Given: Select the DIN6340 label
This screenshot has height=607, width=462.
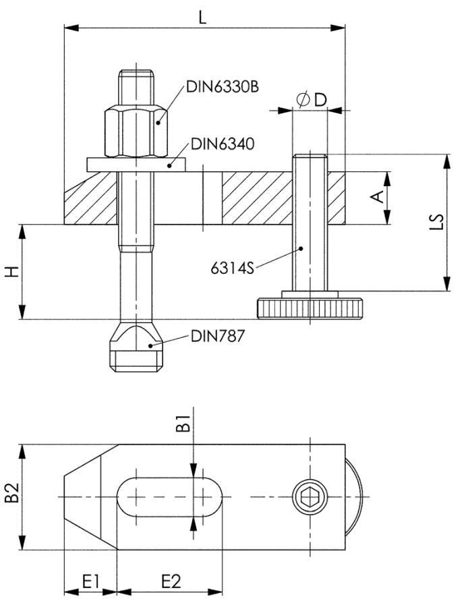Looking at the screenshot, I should click(222, 144).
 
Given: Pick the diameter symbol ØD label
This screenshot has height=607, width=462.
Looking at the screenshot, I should click(311, 100).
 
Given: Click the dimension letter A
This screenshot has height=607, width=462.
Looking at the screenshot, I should click(378, 196).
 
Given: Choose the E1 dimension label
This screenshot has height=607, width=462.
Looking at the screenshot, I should click(90, 581).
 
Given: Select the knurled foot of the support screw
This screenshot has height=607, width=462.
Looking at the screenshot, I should click(310, 308).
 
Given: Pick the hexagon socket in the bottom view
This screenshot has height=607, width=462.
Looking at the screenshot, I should click(310, 498).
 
